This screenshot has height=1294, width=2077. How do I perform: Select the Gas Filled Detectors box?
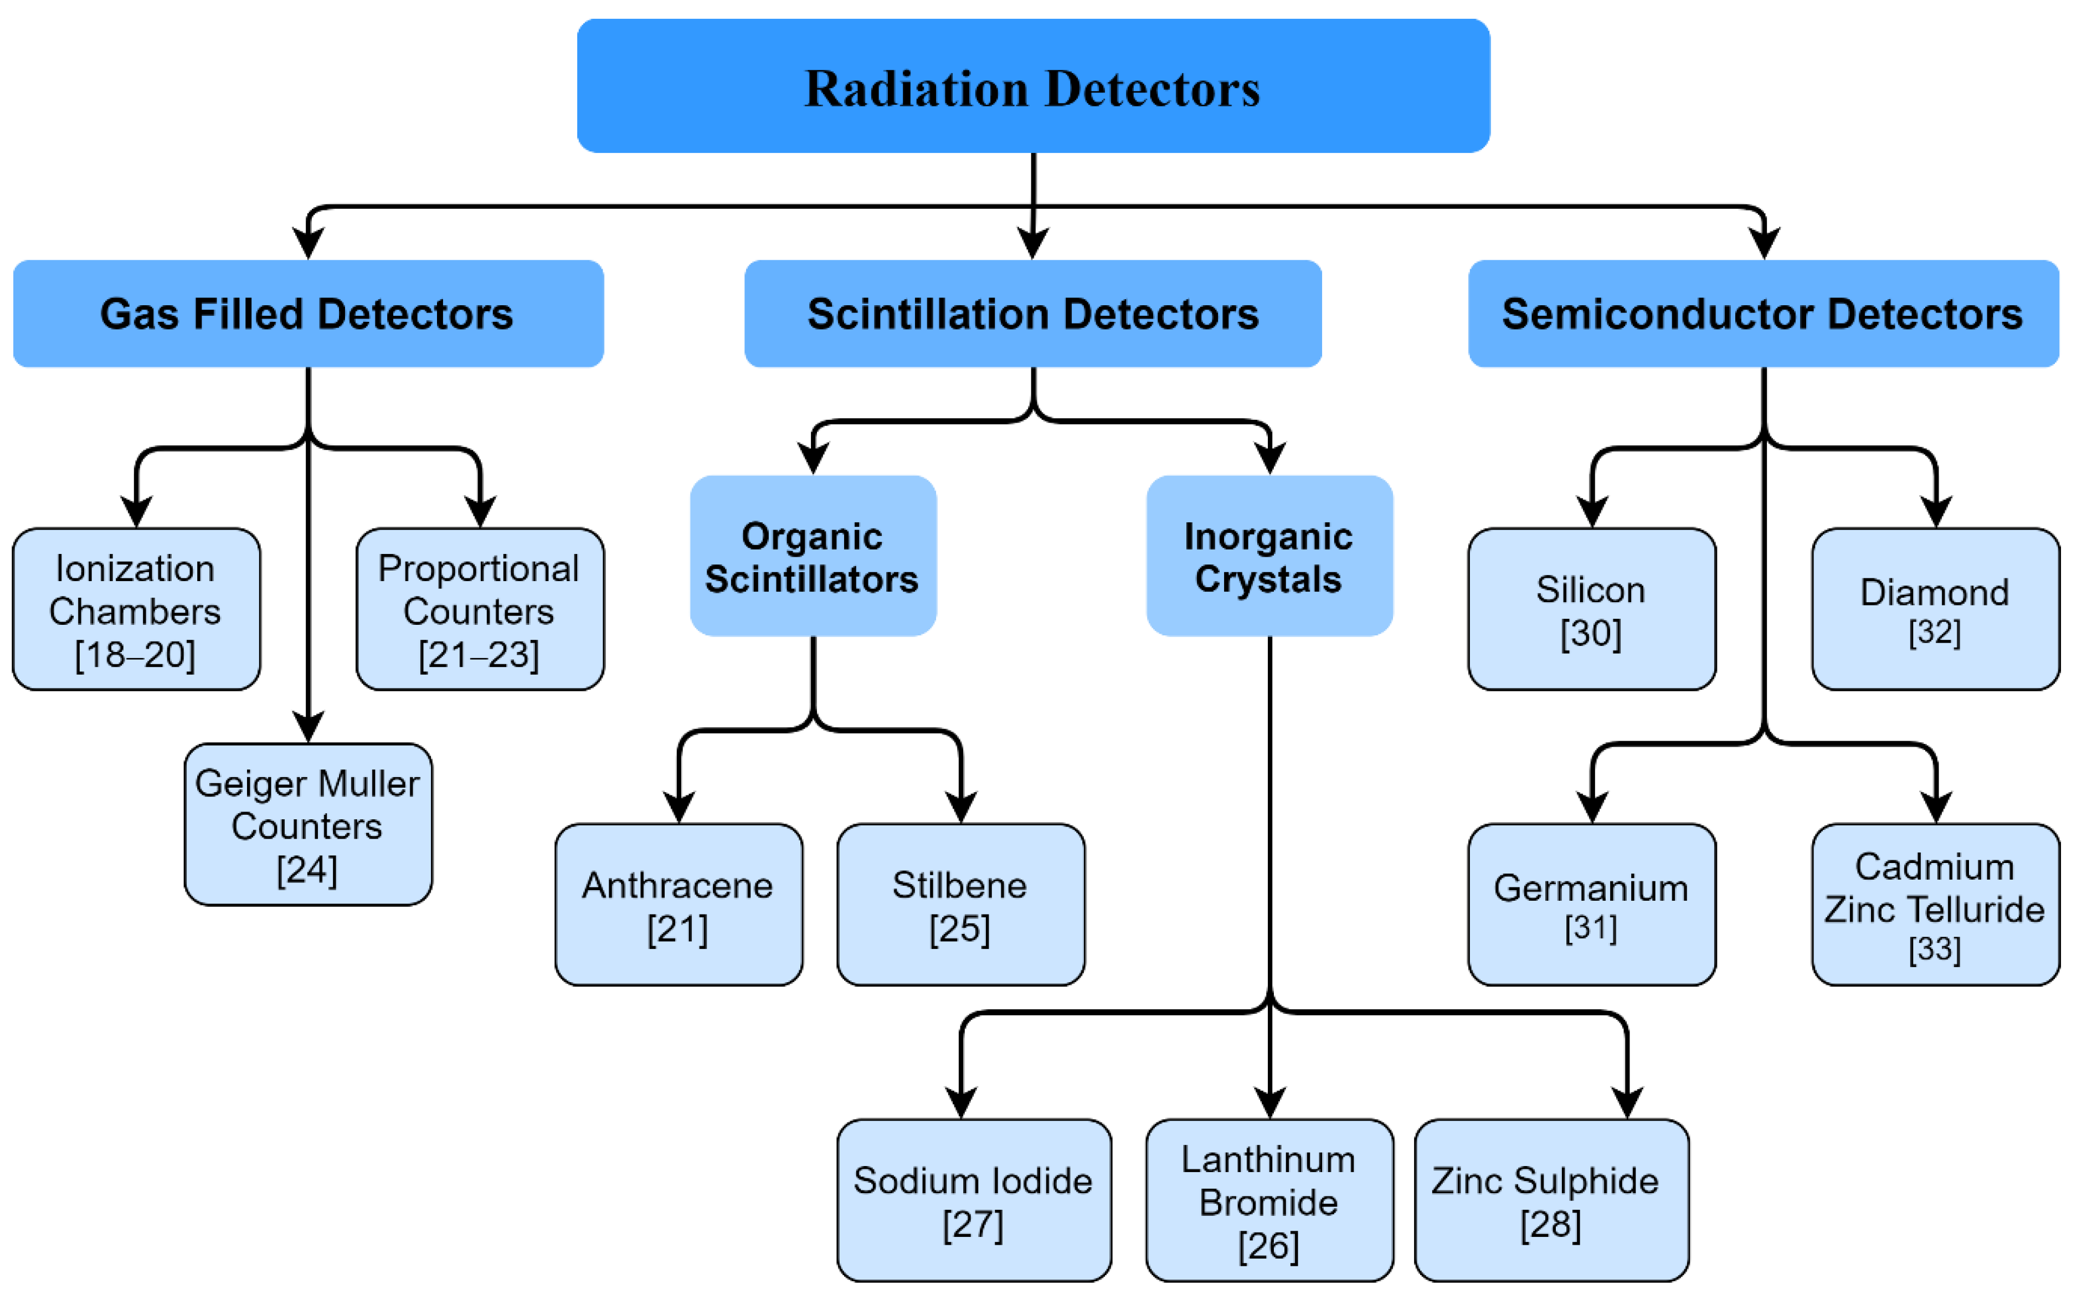[x=308, y=313]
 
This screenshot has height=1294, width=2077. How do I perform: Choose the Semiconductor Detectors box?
[x=1762, y=313]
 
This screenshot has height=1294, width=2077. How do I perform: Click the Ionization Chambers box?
[x=136, y=609]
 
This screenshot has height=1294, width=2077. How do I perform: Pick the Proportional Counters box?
[x=479, y=609]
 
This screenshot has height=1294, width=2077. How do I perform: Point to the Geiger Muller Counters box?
[x=308, y=824]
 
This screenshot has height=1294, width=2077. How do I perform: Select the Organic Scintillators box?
[x=813, y=556]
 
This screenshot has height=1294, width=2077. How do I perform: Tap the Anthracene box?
[x=678, y=905]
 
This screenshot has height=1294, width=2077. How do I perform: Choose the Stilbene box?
[x=960, y=905]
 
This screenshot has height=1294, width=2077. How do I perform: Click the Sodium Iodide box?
[x=974, y=1200]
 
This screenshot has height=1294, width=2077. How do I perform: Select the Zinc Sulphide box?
[x=1550, y=1200]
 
